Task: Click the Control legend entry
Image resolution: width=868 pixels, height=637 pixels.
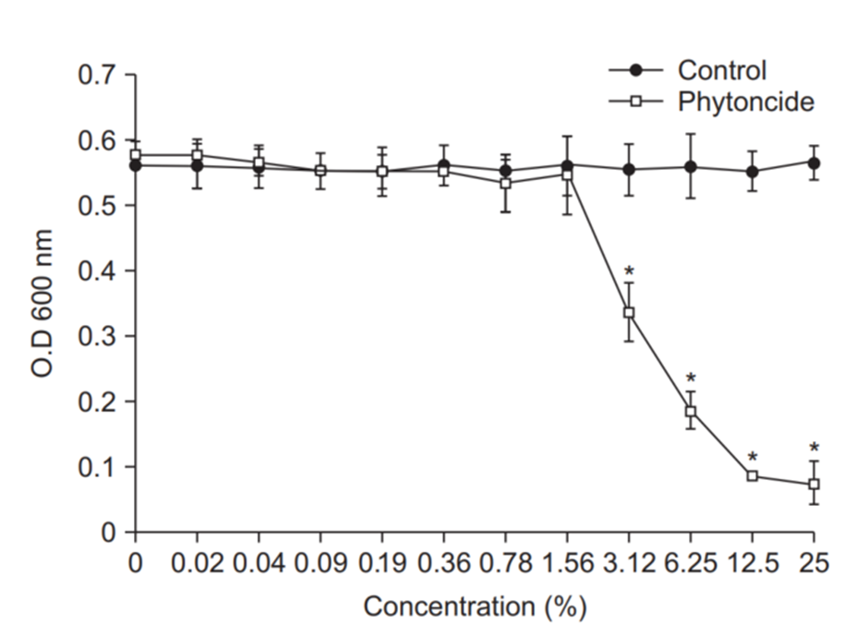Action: pyautogui.click(x=721, y=70)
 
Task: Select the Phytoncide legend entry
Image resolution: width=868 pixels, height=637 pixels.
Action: pyautogui.click(x=745, y=101)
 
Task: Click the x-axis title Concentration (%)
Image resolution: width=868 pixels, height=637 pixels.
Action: pyautogui.click(x=475, y=607)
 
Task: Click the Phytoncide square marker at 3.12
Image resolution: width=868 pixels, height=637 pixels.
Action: pyautogui.click(x=629, y=313)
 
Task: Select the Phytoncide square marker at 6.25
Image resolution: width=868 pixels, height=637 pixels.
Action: pyautogui.click(x=690, y=412)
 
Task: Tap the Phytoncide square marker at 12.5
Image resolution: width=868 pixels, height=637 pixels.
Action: pyautogui.click(x=752, y=476)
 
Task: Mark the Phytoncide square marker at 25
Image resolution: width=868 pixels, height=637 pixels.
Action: pyautogui.click(x=814, y=484)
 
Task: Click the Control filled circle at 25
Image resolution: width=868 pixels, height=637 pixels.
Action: pyautogui.click(x=814, y=163)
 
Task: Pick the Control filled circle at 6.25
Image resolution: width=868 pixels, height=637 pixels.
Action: pyautogui.click(x=690, y=167)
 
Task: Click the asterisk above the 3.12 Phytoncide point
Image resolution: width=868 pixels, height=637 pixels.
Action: pyautogui.click(x=629, y=271)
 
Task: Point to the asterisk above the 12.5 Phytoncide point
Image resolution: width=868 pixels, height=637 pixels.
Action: pyautogui.click(x=752, y=457)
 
